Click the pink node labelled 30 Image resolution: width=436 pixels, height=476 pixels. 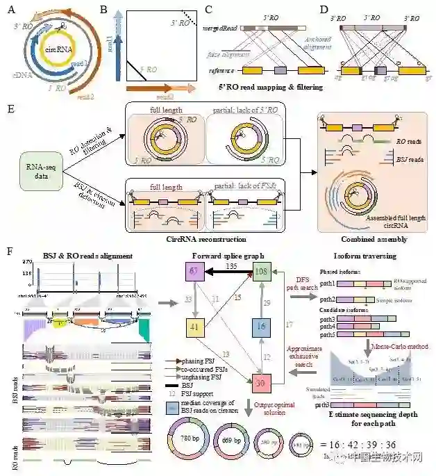coord(261,381)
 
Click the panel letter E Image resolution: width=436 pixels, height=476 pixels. coord(8,110)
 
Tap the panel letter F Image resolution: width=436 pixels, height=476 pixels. coord(8,247)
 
